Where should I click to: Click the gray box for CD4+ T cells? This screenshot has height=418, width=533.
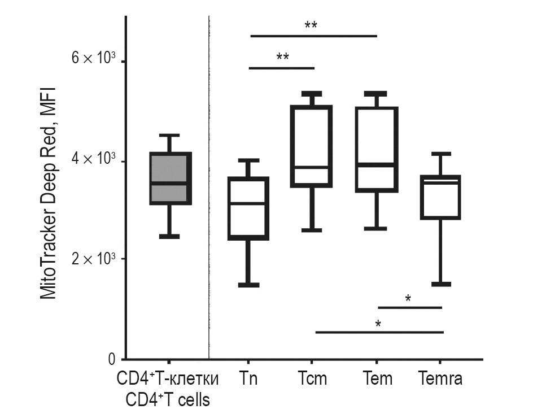click(x=170, y=178)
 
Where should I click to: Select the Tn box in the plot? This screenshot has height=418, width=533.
click(x=248, y=208)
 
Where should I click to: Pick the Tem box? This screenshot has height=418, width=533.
click(x=377, y=149)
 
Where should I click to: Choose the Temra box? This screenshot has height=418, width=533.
click(x=441, y=197)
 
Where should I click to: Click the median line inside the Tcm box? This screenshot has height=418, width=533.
click(x=311, y=168)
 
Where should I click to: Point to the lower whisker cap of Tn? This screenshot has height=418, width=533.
click(x=248, y=285)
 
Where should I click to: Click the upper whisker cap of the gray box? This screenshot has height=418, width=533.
click(x=169, y=135)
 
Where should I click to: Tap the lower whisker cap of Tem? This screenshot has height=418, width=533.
click(x=377, y=229)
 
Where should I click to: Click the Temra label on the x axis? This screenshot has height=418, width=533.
click(x=440, y=378)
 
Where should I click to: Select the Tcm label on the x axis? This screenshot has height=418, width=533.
click(x=312, y=378)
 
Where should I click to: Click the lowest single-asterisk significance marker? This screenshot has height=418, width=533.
click(x=377, y=324)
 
